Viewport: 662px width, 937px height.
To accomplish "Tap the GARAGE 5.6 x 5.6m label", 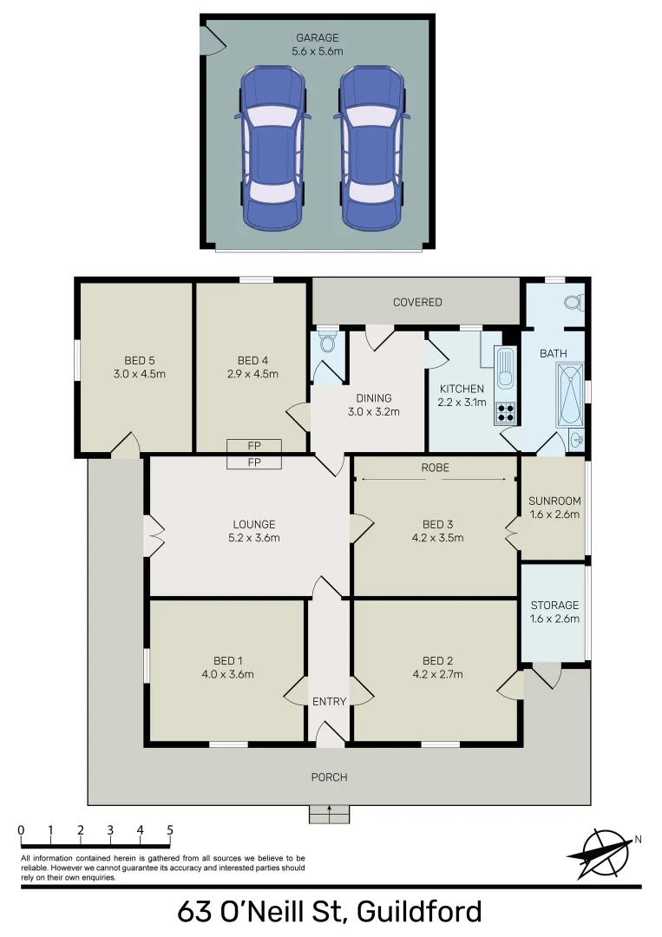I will click(317, 44).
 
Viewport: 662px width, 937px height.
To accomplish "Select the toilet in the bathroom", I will click(572, 304).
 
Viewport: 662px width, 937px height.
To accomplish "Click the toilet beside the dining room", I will click(327, 344).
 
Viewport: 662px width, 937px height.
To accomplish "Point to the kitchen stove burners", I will click(505, 413).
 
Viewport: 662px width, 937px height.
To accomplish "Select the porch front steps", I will click(330, 814).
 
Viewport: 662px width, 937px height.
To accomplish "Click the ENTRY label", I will click(329, 702).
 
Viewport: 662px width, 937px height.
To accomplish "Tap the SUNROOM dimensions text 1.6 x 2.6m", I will click(554, 514).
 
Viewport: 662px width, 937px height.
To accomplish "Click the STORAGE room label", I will click(554, 605).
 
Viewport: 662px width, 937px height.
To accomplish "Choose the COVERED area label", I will click(417, 302).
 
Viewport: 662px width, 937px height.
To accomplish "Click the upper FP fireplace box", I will click(254, 446).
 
